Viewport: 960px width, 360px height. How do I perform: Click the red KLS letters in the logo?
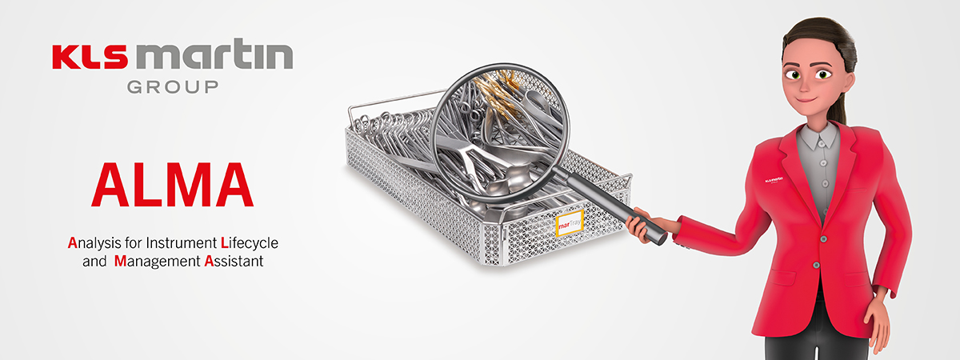(x=90, y=58)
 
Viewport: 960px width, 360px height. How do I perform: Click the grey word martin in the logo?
(x=214, y=54)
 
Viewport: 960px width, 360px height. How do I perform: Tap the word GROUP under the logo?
(x=173, y=87)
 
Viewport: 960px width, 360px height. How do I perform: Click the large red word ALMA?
(x=172, y=186)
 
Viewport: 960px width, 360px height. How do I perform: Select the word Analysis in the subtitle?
(x=94, y=243)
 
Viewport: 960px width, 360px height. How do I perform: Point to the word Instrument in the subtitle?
(x=182, y=243)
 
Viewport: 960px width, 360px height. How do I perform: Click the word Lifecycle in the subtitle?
(x=249, y=243)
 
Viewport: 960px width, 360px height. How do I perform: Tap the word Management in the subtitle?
(x=158, y=261)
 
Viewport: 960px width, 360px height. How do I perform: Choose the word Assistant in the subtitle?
(x=234, y=261)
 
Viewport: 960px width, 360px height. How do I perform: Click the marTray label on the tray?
(x=570, y=223)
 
